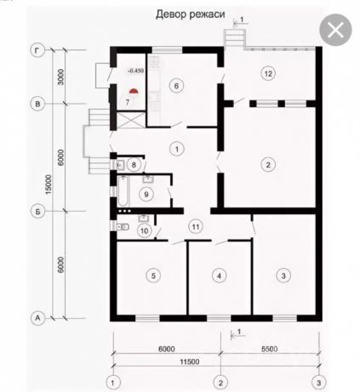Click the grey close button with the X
[335, 30]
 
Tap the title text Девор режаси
[191, 14]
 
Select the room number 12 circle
[268, 74]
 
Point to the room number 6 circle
[176, 86]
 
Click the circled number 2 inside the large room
[268, 164]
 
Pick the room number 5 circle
[153, 276]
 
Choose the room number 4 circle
[219, 276]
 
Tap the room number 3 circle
[283, 276]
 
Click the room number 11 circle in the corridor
[196, 227]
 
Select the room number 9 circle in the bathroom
[146, 194]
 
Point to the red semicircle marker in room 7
[134, 91]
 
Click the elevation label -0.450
[135, 71]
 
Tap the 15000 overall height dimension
[49, 185]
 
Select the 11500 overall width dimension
[190, 361]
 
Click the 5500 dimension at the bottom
[270, 349]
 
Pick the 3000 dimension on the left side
[61, 77]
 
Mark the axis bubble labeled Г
[37, 51]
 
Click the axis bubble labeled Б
[37, 212]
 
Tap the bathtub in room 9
[123, 190]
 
